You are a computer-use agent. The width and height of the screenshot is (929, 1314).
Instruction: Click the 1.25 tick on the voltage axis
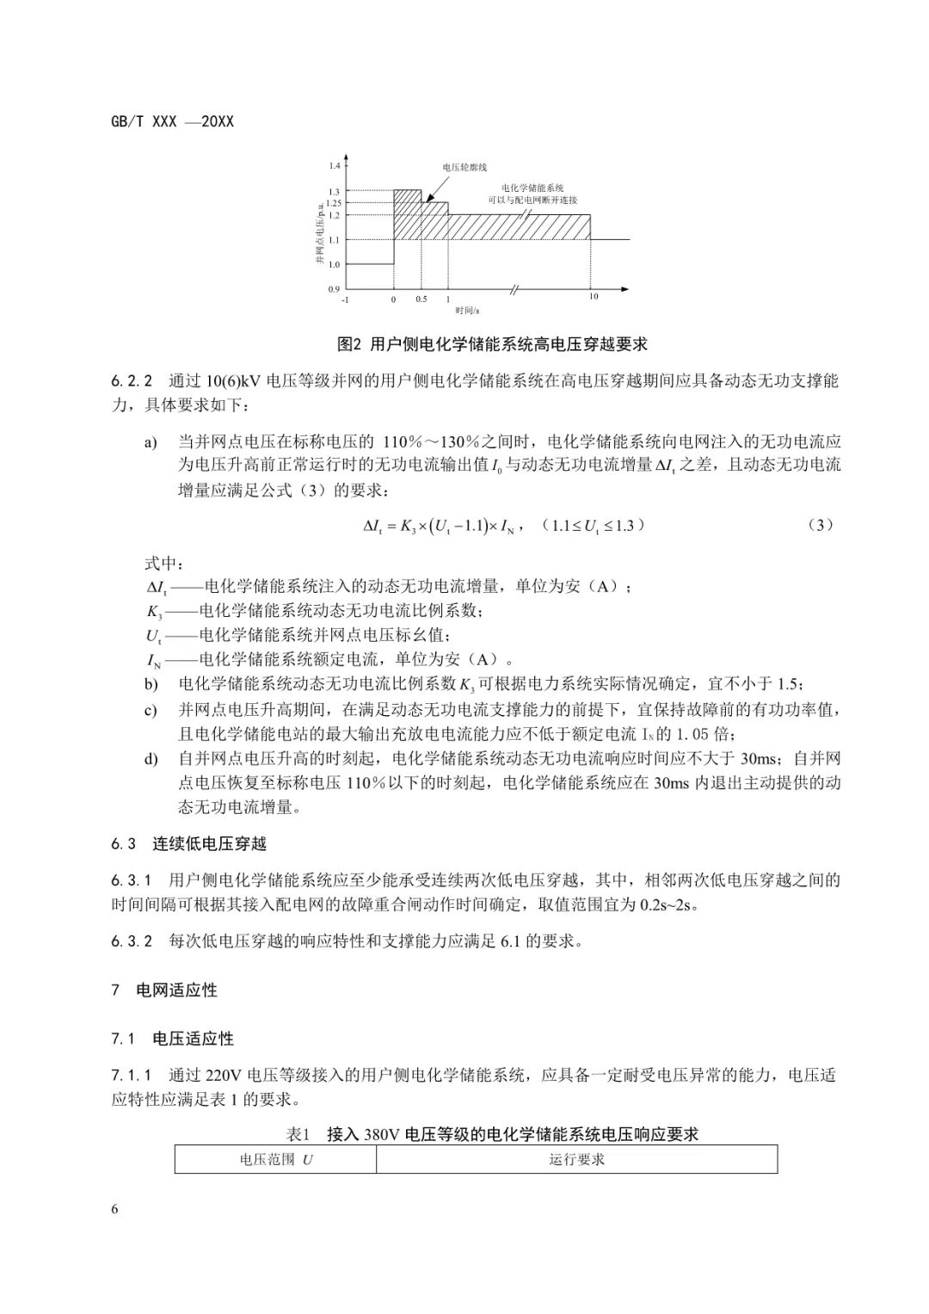tap(335, 203)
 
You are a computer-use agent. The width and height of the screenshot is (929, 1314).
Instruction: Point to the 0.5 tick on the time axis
tap(421, 299)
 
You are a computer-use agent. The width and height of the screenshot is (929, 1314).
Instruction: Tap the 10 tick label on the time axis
tap(593, 297)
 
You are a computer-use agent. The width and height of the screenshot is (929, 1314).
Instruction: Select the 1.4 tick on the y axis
tap(335, 165)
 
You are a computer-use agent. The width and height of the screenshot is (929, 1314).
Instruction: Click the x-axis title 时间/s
tap(469, 310)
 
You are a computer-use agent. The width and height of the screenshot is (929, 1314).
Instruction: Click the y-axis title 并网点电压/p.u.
tap(318, 228)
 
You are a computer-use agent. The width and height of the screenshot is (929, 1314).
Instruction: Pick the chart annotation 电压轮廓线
tap(464, 167)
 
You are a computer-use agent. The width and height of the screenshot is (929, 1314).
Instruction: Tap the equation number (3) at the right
tap(821, 525)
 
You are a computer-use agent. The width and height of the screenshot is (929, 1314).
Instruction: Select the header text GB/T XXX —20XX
tap(172, 121)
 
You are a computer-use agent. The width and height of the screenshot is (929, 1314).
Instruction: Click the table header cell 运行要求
tap(576, 1159)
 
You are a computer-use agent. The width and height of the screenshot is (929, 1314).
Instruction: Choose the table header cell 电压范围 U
tap(275, 1159)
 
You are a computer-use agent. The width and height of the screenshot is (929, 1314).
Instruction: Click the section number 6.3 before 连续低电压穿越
tap(124, 843)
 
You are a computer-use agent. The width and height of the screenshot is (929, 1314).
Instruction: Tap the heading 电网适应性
tap(176, 990)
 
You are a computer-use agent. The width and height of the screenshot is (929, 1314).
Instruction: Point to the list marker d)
tap(151, 759)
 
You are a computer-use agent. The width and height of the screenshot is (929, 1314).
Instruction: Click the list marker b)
tap(151, 685)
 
